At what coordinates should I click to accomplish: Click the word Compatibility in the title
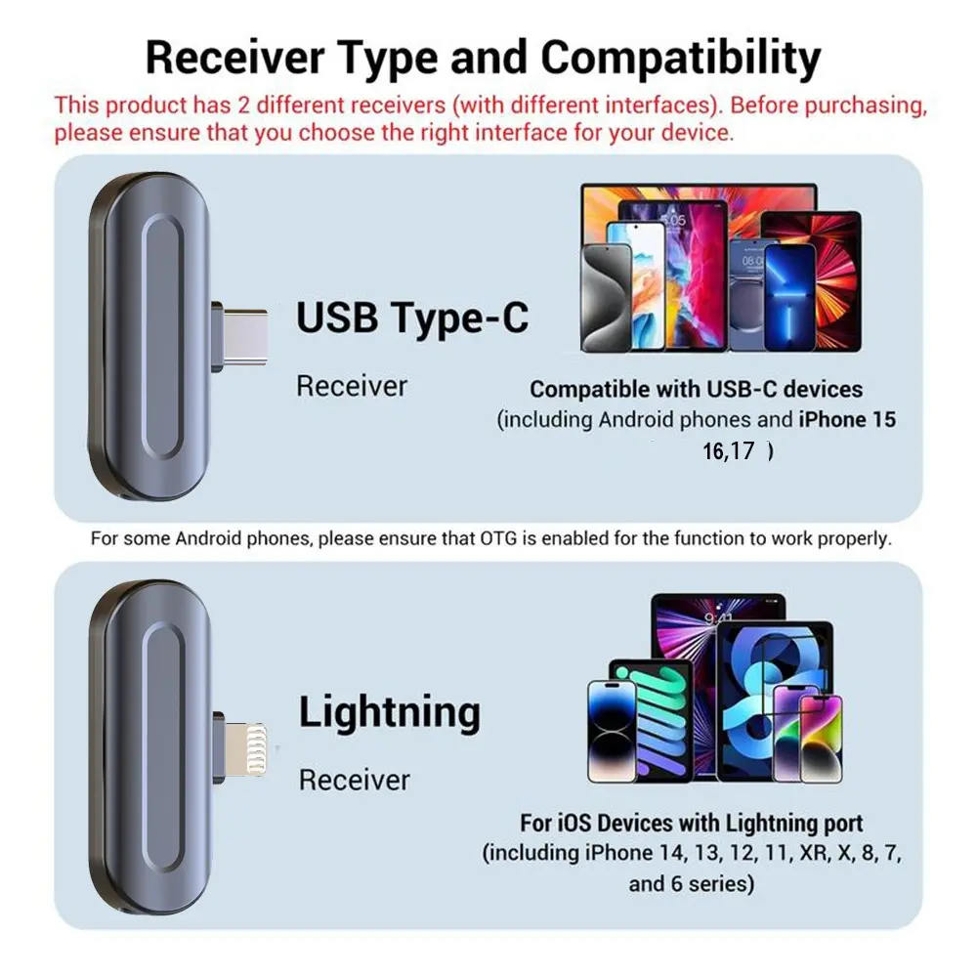click(680, 59)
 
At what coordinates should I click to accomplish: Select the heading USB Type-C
click(412, 318)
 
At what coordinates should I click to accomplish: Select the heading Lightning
click(390, 713)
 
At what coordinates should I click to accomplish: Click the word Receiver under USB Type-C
click(352, 386)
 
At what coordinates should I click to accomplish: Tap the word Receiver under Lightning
click(354, 780)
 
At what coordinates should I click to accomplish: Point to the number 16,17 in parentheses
click(729, 451)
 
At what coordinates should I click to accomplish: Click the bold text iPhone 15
click(847, 420)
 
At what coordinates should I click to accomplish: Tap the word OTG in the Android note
click(498, 538)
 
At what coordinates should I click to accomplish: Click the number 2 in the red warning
click(243, 105)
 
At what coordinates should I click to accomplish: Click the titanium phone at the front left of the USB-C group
click(606, 298)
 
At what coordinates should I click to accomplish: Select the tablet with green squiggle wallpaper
click(651, 720)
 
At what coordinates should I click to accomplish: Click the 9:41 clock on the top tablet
click(718, 617)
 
